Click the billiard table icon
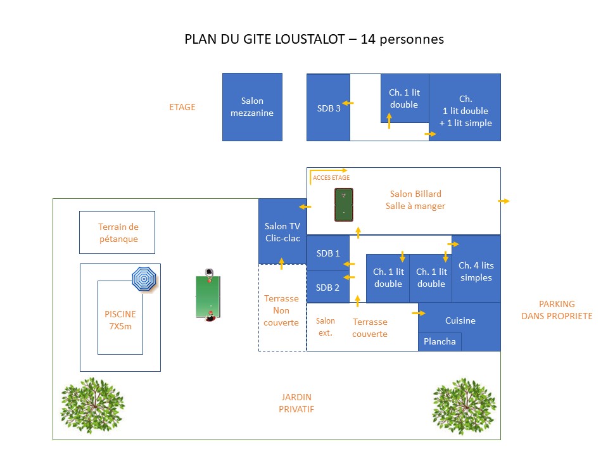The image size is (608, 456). (x=343, y=205)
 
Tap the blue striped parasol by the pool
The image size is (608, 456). (x=144, y=279)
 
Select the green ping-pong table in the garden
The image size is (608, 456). (x=208, y=296)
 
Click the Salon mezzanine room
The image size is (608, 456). (x=252, y=107)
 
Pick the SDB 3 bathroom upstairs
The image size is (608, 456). (x=329, y=108)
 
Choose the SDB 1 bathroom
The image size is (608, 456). (x=328, y=253)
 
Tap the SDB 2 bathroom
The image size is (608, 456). (x=327, y=288)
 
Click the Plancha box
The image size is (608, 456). (x=440, y=341)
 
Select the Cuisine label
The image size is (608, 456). (x=460, y=320)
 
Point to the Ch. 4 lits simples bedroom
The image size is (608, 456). (x=476, y=269)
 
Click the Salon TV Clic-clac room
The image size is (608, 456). (x=282, y=232)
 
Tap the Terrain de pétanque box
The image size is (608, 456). (x=117, y=232)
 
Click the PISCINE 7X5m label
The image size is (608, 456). (x=120, y=320)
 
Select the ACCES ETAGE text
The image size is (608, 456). (x=331, y=177)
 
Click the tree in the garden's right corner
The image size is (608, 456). (x=464, y=405)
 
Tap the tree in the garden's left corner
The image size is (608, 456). (x=92, y=405)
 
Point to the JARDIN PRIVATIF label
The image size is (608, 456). (x=296, y=403)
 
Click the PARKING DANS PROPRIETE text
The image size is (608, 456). (x=557, y=310)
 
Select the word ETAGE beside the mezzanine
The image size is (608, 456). (x=182, y=107)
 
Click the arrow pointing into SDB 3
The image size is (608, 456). (x=348, y=103)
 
